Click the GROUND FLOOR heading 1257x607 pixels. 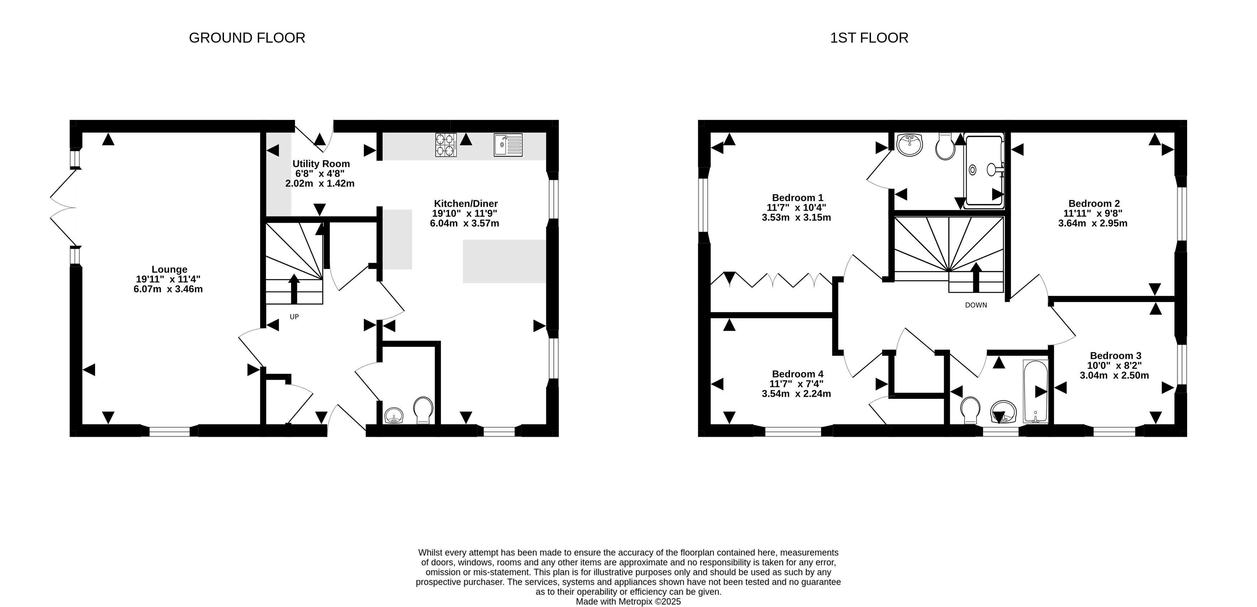247,38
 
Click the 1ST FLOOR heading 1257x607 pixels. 869,38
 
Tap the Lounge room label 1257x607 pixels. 169,269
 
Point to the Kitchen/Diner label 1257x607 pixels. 466,204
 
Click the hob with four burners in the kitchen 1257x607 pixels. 446,145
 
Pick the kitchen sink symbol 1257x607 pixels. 508,145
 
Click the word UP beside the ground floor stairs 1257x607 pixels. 294,317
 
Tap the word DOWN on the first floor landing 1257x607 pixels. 976,305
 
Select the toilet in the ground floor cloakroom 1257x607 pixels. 423,410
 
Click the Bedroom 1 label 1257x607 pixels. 797,198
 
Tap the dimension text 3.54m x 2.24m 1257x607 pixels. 796,394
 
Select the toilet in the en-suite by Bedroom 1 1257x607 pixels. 945,147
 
